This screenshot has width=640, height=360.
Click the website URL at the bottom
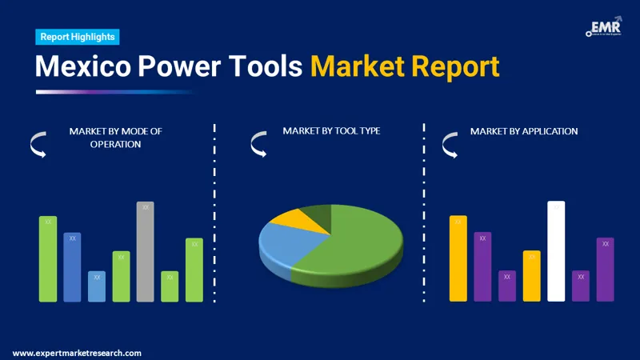[x=77, y=353]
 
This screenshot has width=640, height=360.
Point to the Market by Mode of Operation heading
[x=115, y=138]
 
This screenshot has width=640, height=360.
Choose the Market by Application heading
[x=523, y=130]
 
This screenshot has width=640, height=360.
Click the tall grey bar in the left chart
[x=145, y=251]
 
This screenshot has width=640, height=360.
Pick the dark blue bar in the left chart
[x=73, y=267]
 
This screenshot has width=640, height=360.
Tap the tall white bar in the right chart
[x=556, y=251]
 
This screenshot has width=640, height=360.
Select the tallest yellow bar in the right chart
[x=458, y=258]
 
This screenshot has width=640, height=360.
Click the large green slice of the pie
[x=352, y=248]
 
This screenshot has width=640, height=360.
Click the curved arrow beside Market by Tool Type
[x=258, y=145]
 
